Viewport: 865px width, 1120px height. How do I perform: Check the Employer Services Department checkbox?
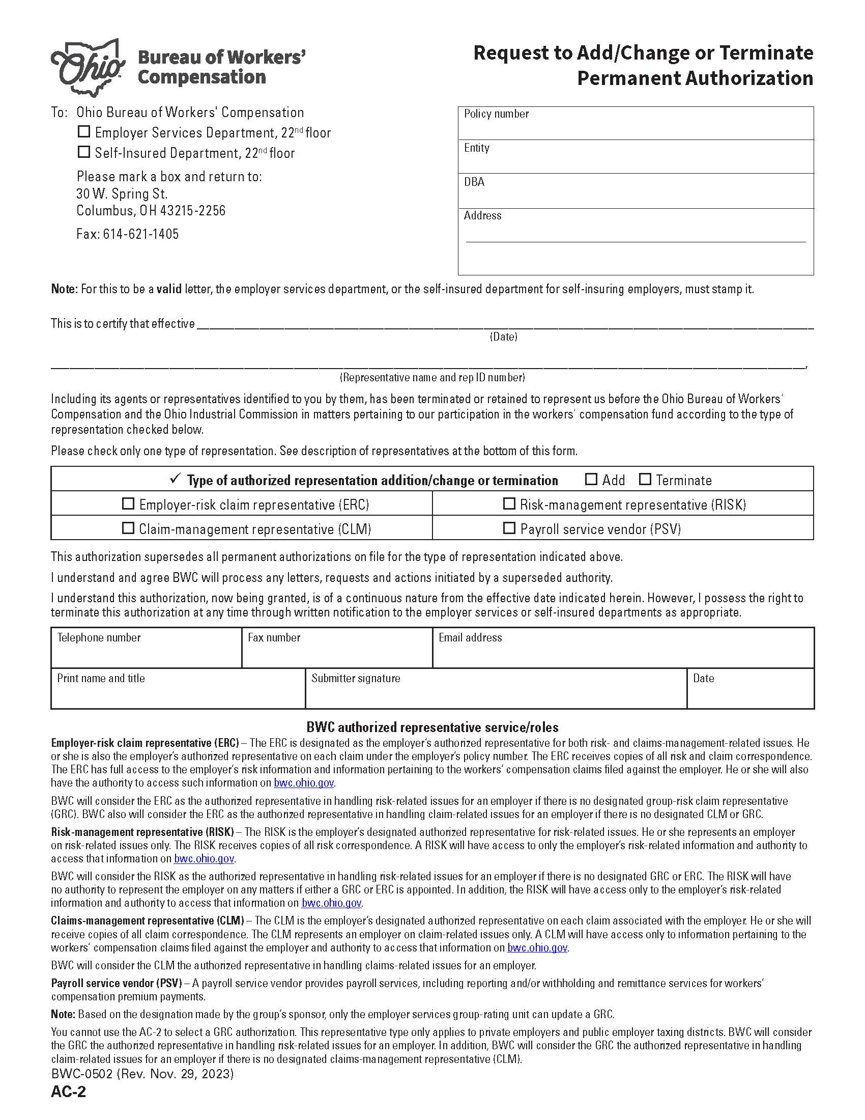click(83, 132)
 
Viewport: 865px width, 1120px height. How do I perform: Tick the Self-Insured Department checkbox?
click(83, 152)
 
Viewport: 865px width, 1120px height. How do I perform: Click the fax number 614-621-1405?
click(141, 234)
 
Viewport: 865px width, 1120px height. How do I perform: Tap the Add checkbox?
click(591, 480)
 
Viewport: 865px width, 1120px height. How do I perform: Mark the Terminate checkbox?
click(645, 480)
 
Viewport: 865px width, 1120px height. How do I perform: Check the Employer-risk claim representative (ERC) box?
click(128, 504)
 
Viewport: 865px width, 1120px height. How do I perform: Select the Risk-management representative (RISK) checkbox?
click(509, 504)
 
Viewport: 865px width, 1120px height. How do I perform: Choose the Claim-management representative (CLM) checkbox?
click(128, 528)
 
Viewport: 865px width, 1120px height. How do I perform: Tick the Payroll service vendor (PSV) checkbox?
click(509, 528)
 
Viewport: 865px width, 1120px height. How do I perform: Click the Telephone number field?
click(146, 653)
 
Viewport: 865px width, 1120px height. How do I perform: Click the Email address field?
click(623, 653)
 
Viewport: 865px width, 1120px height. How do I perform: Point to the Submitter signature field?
click(496, 694)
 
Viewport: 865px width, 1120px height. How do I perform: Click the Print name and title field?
click(178, 694)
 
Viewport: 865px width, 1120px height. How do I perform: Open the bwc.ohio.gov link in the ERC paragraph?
click(304, 783)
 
